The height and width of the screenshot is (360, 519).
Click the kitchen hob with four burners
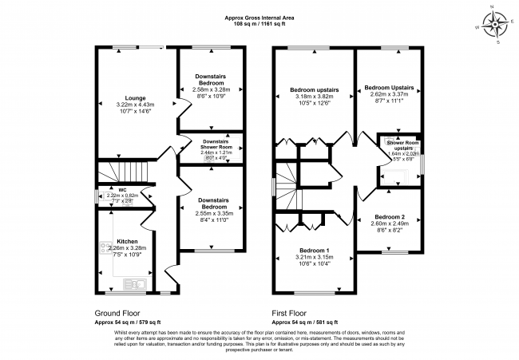click(104, 250)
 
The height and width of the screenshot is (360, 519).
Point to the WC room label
click(101, 190)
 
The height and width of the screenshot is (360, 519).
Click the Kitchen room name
click(128, 240)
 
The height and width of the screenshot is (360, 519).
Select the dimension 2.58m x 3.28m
click(212, 90)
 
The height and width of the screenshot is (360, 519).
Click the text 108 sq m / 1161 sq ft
click(259, 25)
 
